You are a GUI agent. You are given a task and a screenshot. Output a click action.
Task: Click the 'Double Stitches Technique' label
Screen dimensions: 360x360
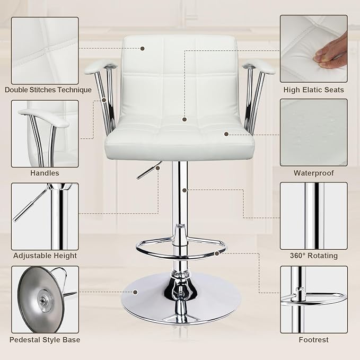pyautogui.click(x=48, y=90)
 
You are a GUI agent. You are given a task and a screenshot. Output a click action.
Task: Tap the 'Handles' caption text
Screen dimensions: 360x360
pyautogui.click(x=45, y=173)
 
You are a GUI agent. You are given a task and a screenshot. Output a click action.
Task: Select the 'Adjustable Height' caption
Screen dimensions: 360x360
pyautogui.click(x=45, y=256)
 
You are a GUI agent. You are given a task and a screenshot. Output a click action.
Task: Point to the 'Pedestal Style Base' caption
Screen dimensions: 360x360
pyautogui.click(x=45, y=339)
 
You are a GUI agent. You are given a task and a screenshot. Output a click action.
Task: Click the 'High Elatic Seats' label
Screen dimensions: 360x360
pyautogui.click(x=313, y=90)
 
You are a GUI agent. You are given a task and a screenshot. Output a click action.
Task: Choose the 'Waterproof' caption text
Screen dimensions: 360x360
pyautogui.click(x=313, y=173)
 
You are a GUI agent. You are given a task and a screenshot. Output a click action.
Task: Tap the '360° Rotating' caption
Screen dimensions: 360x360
pyautogui.click(x=313, y=256)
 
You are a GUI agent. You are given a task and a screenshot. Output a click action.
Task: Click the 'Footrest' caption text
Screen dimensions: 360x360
pyautogui.click(x=313, y=339)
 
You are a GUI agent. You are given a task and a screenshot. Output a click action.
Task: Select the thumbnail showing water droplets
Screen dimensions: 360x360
pyautogui.click(x=313, y=132)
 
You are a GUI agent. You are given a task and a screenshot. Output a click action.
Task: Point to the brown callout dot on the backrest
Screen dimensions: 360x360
pyautogui.click(x=143, y=48)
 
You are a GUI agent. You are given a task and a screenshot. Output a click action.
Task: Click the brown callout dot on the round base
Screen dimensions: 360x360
pyautogui.click(x=136, y=291)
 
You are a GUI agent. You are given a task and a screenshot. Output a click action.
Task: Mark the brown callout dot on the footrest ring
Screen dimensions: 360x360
pyautogui.click(x=217, y=253)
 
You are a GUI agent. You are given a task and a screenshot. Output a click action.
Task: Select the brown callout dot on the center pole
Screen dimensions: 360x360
pyautogui.click(x=184, y=190)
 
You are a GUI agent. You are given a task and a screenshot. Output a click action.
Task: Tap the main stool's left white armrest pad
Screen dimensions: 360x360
pyautogui.click(x=98, y=66)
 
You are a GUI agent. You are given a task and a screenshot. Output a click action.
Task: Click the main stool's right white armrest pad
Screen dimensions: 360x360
pyautogui.click(x=260, y=66)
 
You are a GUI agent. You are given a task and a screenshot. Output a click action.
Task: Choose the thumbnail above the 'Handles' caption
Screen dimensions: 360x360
pyautogui.click(x=45, y=133)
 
